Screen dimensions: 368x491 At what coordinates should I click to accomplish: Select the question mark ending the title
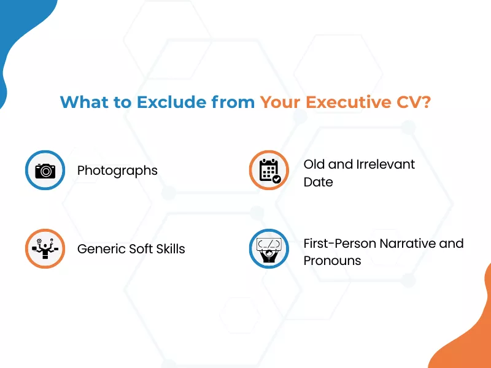(x=425, y=102)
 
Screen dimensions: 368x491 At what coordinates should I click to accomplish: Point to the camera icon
(x=45, y=171)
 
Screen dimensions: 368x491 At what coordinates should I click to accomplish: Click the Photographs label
(x=117, y=171)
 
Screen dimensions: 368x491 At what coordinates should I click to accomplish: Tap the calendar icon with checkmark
(x=269, y=171)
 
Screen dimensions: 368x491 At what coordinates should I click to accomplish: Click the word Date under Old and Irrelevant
(x=318, y=182)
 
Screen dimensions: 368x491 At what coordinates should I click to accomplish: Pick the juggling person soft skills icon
(x=45, y=249)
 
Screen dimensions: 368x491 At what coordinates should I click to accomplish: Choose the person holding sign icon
(x=269, y=249)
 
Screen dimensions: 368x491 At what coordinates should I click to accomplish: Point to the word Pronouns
(x=332, y=261)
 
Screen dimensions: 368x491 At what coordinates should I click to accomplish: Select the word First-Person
(x=339, y=243)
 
